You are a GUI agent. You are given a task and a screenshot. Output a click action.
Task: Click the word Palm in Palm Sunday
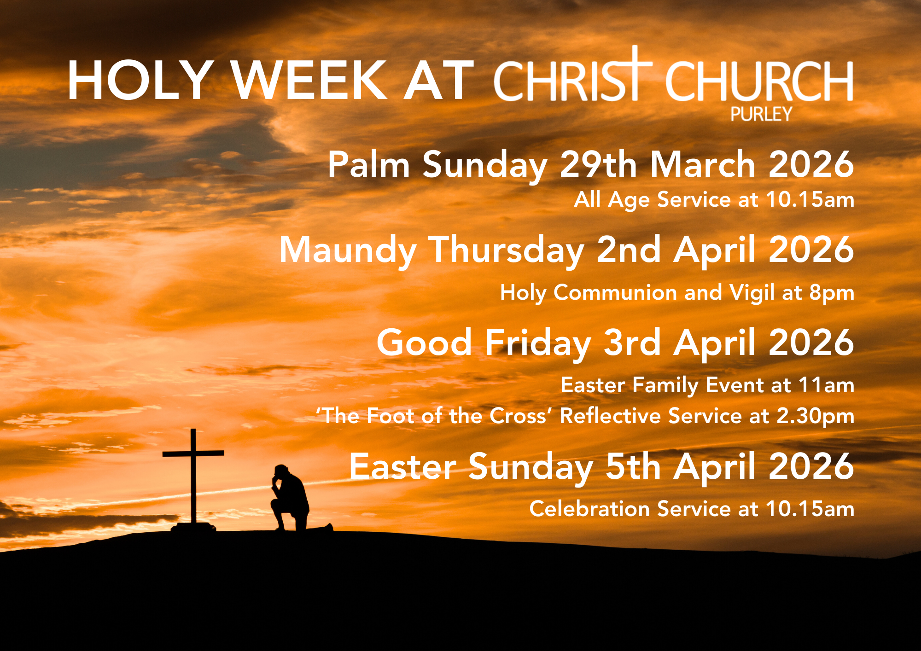pos(368,164)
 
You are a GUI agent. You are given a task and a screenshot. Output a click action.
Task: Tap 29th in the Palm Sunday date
pos(598,164)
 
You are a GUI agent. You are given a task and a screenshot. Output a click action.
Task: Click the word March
pos(703,164)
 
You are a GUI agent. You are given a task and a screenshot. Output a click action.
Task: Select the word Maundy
pos(348,250)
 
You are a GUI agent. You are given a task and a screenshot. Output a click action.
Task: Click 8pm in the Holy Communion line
pos(832,293)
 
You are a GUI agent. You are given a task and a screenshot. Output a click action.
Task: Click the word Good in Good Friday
pos(424,343)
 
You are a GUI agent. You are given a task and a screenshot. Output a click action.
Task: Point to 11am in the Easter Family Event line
pos(826,385)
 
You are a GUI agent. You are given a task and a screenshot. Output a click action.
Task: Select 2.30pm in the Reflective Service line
pos(815,416)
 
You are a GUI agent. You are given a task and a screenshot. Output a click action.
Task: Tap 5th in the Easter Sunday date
pos(633,466)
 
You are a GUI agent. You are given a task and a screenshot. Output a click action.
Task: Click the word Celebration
pos(589,509)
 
